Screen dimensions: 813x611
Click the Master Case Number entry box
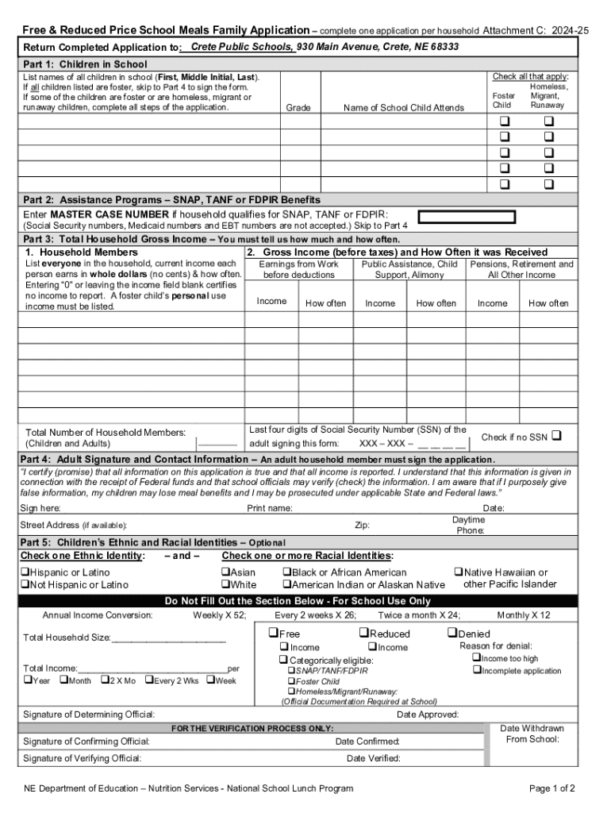coord(467,217)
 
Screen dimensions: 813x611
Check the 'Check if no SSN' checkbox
coord(555,436)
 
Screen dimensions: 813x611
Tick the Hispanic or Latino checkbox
coord(25,572)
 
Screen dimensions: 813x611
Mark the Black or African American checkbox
coord(287,572)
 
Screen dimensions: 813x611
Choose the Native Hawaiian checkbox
coord(458,572)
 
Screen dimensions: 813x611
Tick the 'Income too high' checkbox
coord(476,658)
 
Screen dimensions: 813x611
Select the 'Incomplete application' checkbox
coord(476,671)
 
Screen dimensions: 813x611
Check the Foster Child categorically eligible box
coord(291,681)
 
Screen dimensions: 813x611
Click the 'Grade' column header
coord(298,108)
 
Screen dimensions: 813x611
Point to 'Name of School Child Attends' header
coord(403,108)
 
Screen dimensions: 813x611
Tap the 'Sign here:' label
coord(40,508)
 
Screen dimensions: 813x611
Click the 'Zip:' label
coord(362,525)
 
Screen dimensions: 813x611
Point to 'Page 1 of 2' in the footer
coord(551,788)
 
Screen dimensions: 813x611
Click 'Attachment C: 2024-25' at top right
coord(536,30)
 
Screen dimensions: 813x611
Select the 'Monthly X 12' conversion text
coord(523,615)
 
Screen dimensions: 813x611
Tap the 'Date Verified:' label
coord(373,758)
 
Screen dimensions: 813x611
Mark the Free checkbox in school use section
coord(273,633)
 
